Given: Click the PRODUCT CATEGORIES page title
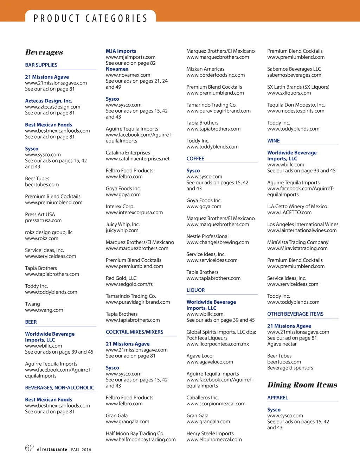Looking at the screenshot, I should tap(90, 18).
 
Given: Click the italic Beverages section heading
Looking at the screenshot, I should tap(44, 52).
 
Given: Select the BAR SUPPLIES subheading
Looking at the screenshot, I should tap(41, 65).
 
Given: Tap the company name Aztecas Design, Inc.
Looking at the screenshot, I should tap(49, 101).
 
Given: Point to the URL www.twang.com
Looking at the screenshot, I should tap(44, 310).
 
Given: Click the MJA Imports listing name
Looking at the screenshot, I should tap(121, 51).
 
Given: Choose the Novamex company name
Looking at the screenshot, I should tap(117, 69).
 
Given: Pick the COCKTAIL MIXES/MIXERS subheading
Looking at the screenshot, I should tap(135, 332).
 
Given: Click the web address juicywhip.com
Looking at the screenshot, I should tap(122, 230).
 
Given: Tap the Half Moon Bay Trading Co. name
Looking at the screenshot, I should tap(135, 434).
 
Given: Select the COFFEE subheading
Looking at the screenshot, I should tap(195, 159).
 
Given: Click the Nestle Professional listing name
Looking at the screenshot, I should tap(207, 236).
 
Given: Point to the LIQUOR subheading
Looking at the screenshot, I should tap(195, 290).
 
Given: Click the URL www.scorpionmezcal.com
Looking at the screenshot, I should tap(216, 404).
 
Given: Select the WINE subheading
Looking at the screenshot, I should tap(274, 141).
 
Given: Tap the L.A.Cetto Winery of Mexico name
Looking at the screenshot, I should tap(297, 207).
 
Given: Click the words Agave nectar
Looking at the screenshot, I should tap(282, 344).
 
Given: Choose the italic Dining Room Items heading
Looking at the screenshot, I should tap(302, 385).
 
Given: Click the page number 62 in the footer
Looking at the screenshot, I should tap(30, 448).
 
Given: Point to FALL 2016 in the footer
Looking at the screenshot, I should tap(81, 450).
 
